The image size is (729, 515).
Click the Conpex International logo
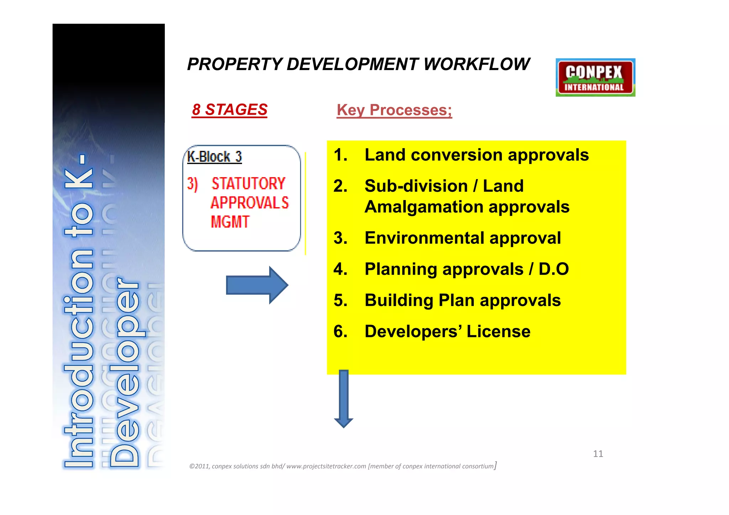pyautogui.click(x=595, y=78)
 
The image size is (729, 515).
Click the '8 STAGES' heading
pyautogui.click(x=230, y=110)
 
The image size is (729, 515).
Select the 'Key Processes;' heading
pyautogui.click(x=394, y=110)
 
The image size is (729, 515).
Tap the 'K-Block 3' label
pyautogui.click(x=214, y=157)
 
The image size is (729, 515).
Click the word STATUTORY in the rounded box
pyautogui.click(x=248, y=184)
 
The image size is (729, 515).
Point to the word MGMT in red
pyautogui.click(x=230, y=222)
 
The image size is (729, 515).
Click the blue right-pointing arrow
pyautogui.click(x=257, y=285)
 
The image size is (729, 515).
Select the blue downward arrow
pyautogui.click(x=343, y=399)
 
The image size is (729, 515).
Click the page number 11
pyautogui.click(x=598, y=454)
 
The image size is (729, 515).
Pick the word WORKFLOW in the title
pyautogui.click(x=477, y=64)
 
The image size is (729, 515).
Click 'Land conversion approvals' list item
pyautogui.click(x=476, y=155)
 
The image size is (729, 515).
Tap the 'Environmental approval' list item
pyautogui.click(x=462, y=238)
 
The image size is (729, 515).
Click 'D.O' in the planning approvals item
pyautogui.click(x=554, y=269)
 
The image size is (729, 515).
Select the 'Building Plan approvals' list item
pyautogui.click(x=462, y=300)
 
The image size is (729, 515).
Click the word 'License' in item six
pyautogui.click(x=498, y=332)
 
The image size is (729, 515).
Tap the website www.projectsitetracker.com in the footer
pyautogui.click(x=326, y=466)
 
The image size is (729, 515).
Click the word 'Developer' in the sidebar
pyautogui.click(x=125, y=372)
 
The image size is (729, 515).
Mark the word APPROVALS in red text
pyautogui.click(x=250, y=203)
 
